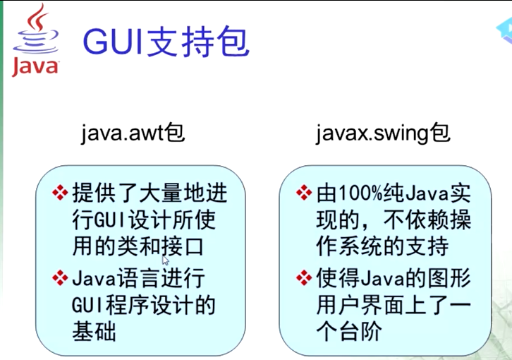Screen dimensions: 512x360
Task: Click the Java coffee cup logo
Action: click(x=35, y=30)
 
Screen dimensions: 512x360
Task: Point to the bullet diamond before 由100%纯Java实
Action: click(x=303, y=193)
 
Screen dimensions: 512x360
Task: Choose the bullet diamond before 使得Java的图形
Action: click(x=303, y=277)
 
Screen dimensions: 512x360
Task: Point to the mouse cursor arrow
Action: click(x=165, y=260)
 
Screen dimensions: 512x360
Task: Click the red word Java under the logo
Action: click(x=35, y=67)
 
